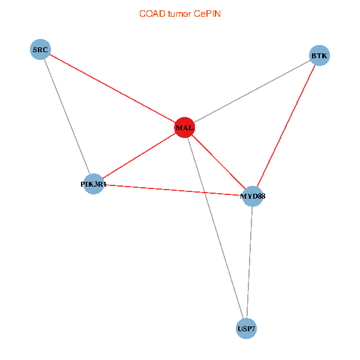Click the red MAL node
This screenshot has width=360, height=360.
pyautogui.click(x=184, y=127)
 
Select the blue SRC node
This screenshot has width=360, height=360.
pyautogui.click(x=40, y=49)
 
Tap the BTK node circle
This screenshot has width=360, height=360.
pyautogui.click(x=319, y=56)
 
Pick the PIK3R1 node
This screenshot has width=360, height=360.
pyautogui.click(x=93, y=184)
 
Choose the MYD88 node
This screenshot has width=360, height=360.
pyautogui.click(x=253, y=196)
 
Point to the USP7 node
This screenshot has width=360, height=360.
pyautogui.click(x=246, y=328)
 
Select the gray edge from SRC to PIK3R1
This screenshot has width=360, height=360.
pyautogui.click(x=67, y=116)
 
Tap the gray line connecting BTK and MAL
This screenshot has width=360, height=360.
pyautogui.click(x=252, y=91)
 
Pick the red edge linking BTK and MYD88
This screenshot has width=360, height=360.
pyautogui.click(x=286, y=126)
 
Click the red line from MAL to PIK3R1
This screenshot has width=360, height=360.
pyautogui.click(x=139, y=156)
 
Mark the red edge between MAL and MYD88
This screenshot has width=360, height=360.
pyautogui.click(x=218, y=162)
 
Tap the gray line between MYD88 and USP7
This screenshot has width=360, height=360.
pyautogui.click(x=250, y=262)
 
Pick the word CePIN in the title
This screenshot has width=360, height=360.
pyautogui.click(x=207, y=13)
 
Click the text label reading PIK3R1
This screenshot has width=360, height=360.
pyautogui.click(x=93, y=184)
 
